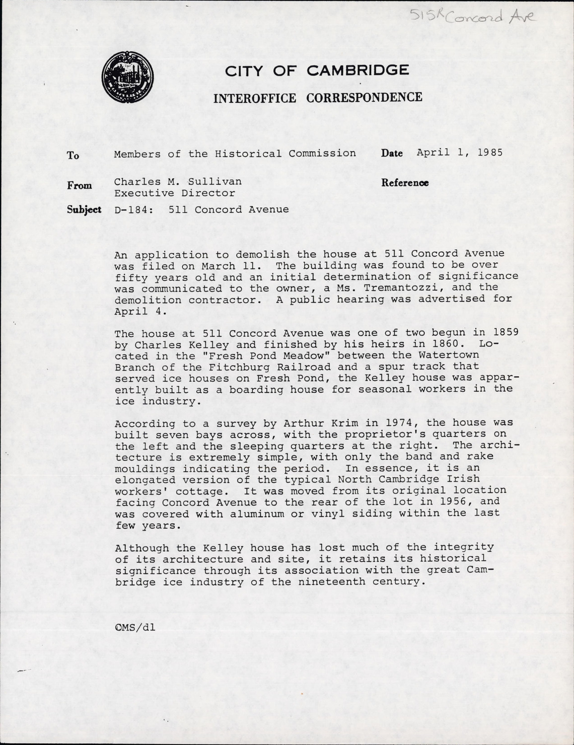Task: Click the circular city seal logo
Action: click(x=128, y=78)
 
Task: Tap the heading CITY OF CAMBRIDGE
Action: click(x=317, y=71)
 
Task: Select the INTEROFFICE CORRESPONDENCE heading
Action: click(x=318, y=97)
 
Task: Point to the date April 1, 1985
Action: click(x=459, y=152)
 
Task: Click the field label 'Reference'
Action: click(x=405, y=183)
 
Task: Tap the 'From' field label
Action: click(x=79, y=186)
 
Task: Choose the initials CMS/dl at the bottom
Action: click(x=135, y=627)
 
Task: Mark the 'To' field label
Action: click(x=73, y=155)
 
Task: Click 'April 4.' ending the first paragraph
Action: click(x=131, y=311)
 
